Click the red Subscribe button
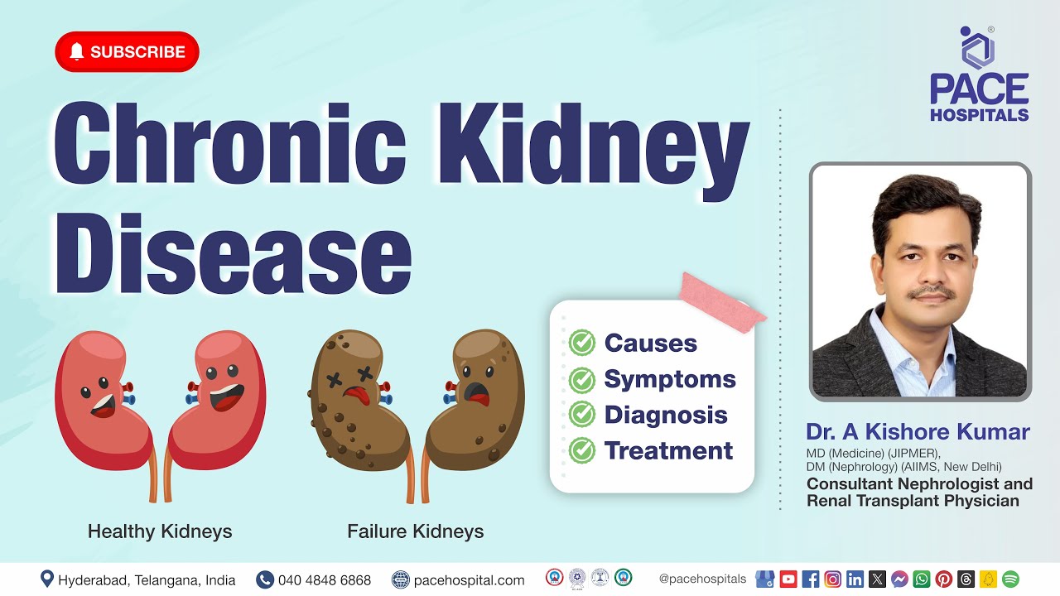pyautogui.click(x=127, y=51)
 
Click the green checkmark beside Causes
pyautogui.click(x=582, y=343)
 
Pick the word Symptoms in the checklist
pyautogui.click(x=669, y=379)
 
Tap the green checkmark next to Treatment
pyautogui.click(x=582, y=450)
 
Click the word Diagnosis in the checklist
pyautogui.click(x=665, y=415)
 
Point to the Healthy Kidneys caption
pyautogui.click(x=160, y=531)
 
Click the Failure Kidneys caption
pyautogui.click(x=415, y=531)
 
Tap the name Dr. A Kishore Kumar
pyautogui.click(x=918, y=432)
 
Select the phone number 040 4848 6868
pyautogui.click(x=324, y=580)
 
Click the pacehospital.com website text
pyautogui.click(x=469, y=580)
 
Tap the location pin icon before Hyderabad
pyautogui.click(x=47, y=579)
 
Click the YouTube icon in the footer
pyautogui.click(x=788, y=579)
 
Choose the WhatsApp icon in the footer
pyautogui.click(x=922, y=579)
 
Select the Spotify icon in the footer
pyautogui.click(x=1010, y=579)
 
